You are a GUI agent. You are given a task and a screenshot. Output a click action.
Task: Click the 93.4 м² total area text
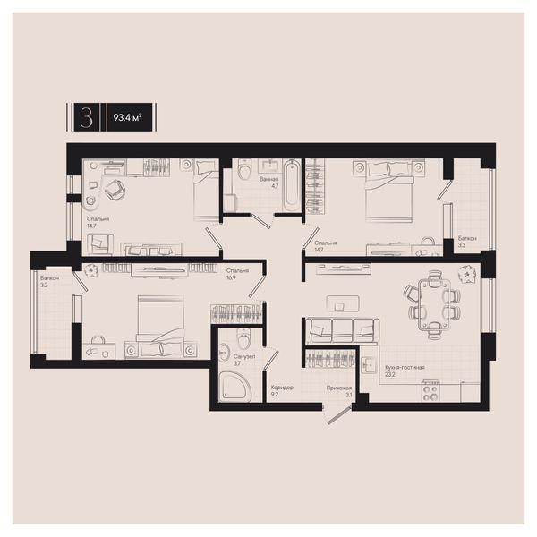[127, 118]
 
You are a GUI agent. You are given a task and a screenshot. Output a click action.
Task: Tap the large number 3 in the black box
[87, 117]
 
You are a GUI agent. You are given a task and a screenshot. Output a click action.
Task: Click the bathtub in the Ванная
[292, 185]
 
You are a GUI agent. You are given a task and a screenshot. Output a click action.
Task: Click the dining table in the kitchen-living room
[434, 303]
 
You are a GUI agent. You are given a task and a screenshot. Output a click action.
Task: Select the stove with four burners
[430, 390]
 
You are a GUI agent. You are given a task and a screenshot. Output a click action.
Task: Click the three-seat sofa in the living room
[342, 330]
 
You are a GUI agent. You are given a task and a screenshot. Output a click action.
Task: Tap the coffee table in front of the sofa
[343, 303]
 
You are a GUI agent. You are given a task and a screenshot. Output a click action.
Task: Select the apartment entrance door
[339, 415]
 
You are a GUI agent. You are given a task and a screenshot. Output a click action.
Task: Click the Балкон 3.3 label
[467, 242]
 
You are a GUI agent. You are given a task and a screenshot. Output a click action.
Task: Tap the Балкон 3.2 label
[49, 281]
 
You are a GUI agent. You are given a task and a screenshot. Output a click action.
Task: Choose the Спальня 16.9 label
[237, 274]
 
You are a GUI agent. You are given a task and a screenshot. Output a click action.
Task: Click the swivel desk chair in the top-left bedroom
[115, 190]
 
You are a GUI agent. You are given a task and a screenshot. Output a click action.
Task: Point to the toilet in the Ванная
[244, 169]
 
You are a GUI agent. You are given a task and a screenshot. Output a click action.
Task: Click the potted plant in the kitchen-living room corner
[465, 275]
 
